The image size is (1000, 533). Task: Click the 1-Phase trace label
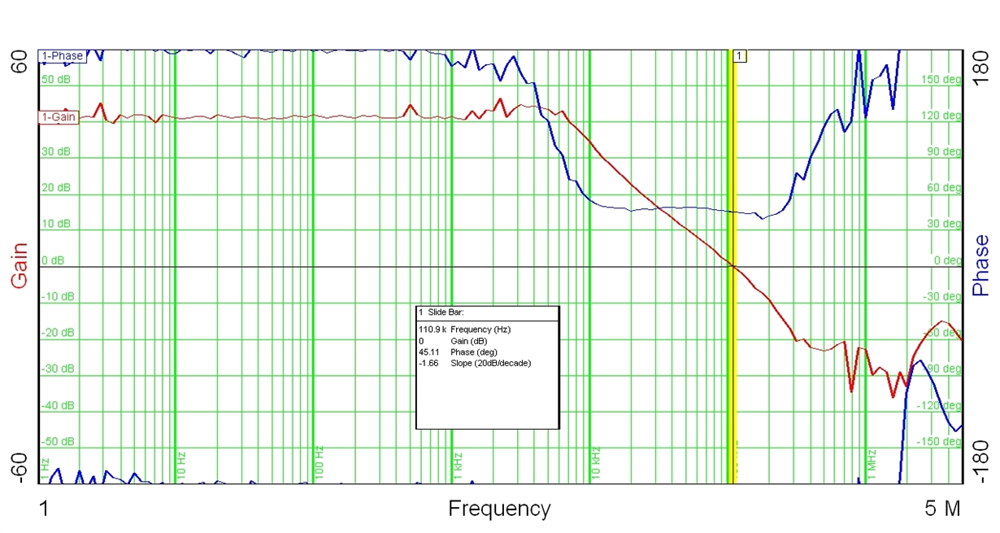coord(62,56)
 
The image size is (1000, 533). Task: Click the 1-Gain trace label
coord(59,117)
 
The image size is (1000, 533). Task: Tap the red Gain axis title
coord(19,265)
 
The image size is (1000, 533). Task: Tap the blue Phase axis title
coord(981,265)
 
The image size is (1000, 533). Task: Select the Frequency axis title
coord(499,509)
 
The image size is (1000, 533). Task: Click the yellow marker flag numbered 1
coord(739,55)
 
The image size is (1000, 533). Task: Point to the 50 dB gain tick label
coord(56,80)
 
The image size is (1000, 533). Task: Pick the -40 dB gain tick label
coord(57,405)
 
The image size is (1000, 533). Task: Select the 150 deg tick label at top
coord(941,80)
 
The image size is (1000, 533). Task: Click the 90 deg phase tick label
coord(944,152)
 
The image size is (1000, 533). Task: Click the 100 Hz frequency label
coord(320,461)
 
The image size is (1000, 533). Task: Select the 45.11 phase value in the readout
coord(430,352)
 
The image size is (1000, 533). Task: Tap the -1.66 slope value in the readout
coord(428,363)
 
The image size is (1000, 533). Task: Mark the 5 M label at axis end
coord(943,509)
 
